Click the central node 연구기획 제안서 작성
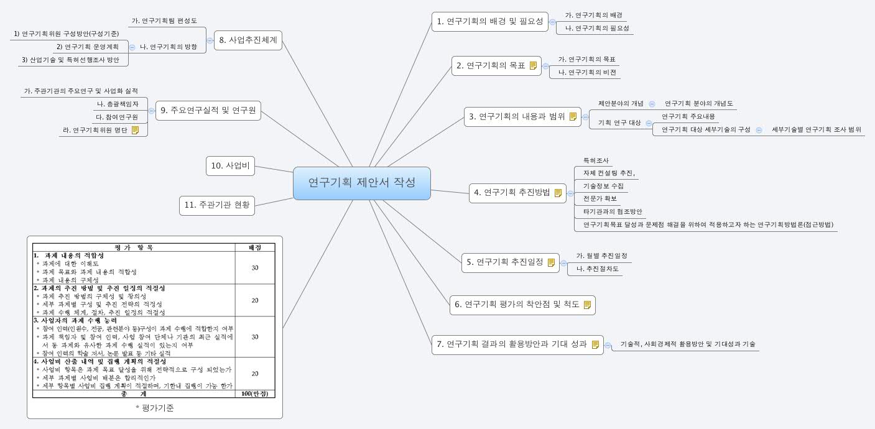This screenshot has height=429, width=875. [361, 183]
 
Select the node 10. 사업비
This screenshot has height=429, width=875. [230, 165]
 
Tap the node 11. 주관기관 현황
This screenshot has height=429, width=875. [217, 205]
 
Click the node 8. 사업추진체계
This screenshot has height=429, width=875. [249, 41]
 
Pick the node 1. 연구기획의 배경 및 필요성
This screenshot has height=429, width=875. [490, 22]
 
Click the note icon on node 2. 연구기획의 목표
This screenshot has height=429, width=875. [533, 66]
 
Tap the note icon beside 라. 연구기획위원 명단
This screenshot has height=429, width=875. [135, 130]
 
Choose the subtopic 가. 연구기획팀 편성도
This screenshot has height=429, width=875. [164, 21]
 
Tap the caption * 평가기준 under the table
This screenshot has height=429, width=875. [154, 408]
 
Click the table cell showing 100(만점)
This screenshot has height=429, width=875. [254, 394]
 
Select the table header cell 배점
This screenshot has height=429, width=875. [254, 247]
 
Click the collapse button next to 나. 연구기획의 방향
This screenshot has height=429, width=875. [132, 47]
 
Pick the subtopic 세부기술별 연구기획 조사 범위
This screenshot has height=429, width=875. [816, 129]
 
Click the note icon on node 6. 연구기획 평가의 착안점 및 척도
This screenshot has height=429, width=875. [587, 304]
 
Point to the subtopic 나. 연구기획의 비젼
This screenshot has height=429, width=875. [586, 72]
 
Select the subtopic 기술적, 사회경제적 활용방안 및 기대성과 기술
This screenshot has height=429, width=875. [683, 344]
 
